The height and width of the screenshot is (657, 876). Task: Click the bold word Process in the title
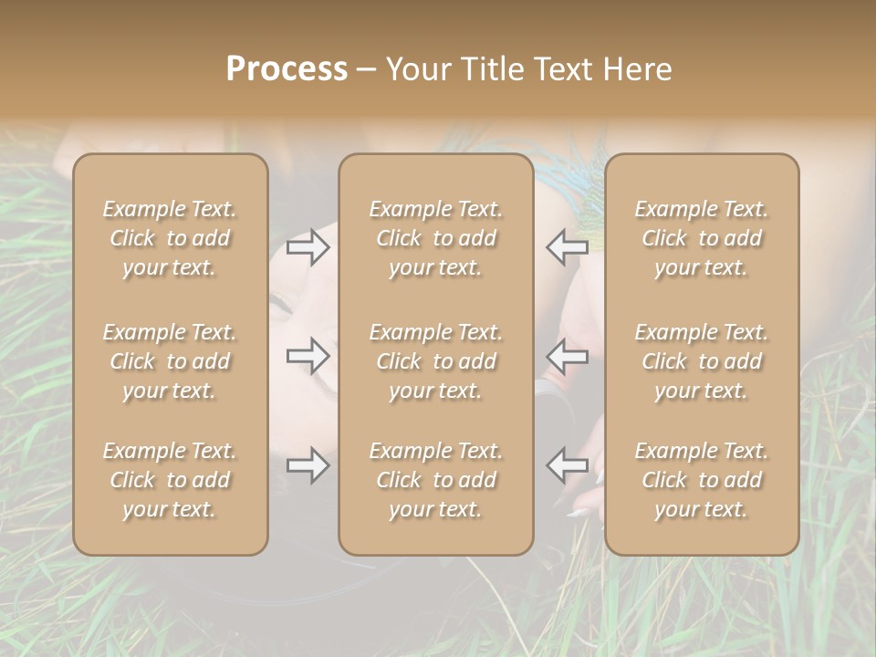click(x=287, y=69)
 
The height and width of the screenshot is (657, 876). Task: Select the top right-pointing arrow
click(x=308, y=246)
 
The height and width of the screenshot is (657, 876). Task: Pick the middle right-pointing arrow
click(x=308, y=356)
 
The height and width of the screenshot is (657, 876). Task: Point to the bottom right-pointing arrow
click(x=308, y=465)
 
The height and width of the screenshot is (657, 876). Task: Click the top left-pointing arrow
click(x=567, y=246)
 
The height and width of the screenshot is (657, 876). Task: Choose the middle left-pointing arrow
click(x=567, y=356)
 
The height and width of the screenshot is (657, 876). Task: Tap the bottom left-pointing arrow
click(x=567, y=465)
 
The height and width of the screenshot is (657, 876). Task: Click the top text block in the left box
click(x=170, y=238)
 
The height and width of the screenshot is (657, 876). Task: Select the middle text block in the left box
click(x=170, y=361)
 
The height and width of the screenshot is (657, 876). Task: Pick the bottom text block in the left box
click(x=170, y=480)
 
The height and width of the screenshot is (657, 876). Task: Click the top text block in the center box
click(x=436, y=238)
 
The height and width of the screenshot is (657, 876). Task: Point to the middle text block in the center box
click(x=436, y=361)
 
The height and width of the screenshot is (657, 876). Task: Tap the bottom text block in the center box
click(x=436, y=480)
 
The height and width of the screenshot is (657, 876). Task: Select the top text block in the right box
click(x=702, y=238)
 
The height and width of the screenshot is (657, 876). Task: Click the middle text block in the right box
click(x=702, y=361)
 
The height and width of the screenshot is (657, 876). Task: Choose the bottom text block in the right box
click(x=702, y=480)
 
